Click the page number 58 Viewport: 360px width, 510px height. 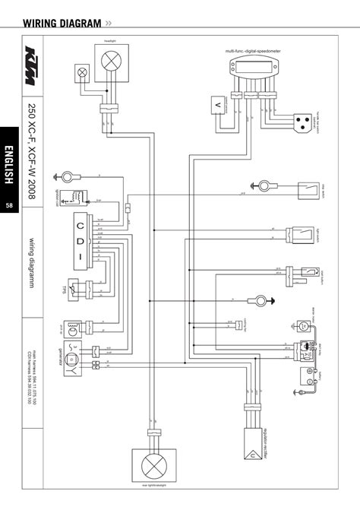10,207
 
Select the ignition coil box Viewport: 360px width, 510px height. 75,198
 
